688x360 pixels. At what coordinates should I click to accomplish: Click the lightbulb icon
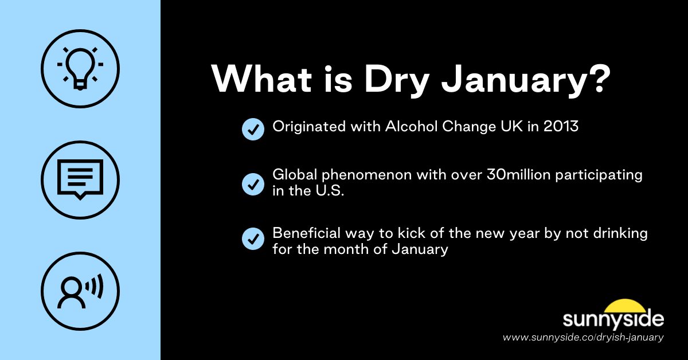tap(80, 68)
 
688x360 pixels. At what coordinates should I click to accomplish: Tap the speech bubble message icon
tap(80, 179)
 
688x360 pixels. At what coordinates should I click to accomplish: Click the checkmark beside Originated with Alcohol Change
tap(253, 129)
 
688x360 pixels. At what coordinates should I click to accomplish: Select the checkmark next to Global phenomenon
tap(253, 184)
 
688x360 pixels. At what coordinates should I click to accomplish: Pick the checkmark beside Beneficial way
tap(253, 238)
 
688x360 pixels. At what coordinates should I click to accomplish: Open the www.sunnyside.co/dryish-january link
tap(583, 338)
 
